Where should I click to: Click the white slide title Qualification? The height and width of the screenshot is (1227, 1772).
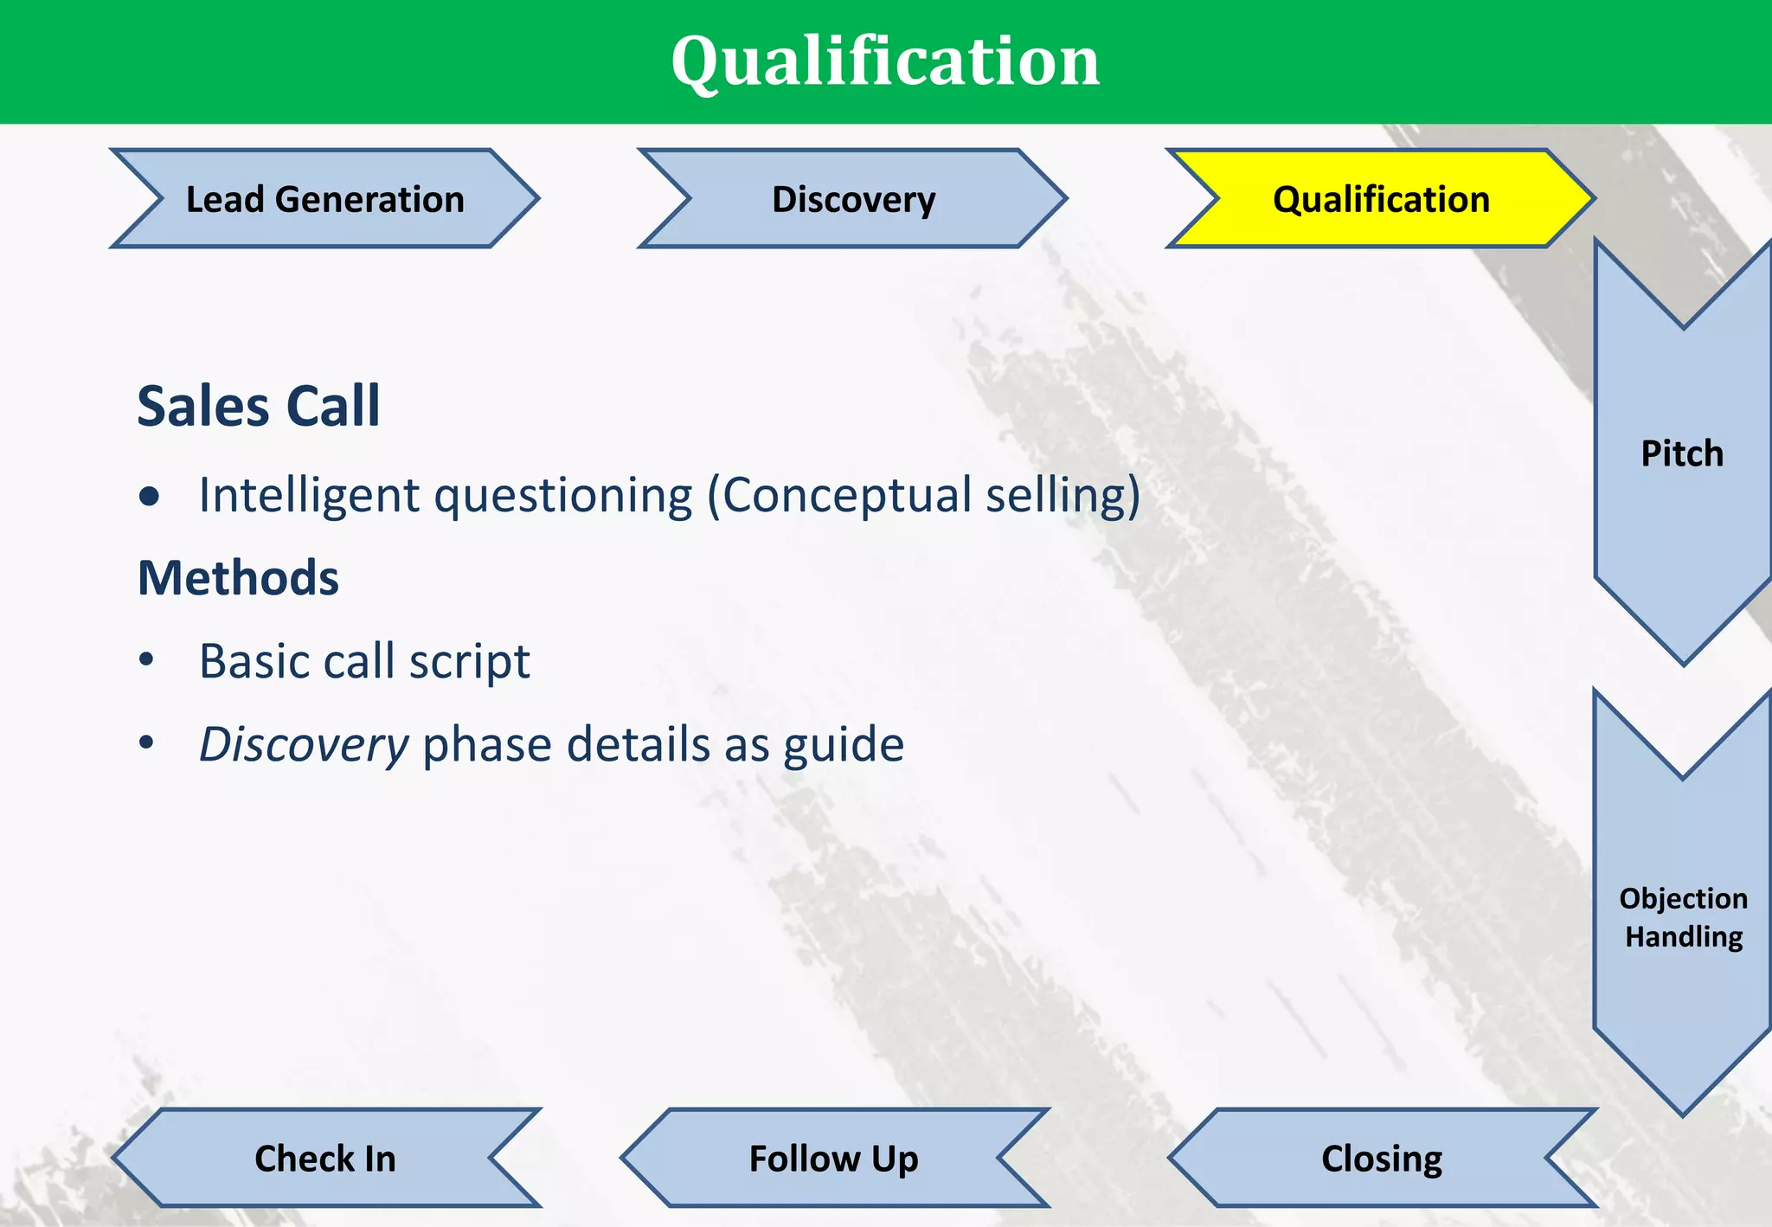pyautogui.click(x=885, y=61)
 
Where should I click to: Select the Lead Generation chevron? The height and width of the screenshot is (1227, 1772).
pyautogui.click(x=324, y=199)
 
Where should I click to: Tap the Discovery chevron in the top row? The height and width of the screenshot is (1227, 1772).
pyautogui.click(x=853, y=199)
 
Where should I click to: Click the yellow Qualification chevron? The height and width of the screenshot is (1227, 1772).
pyautogui.click(x=1381, y=199)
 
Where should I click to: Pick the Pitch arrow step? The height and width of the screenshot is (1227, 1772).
pyautogui.click(x=1682, y=453)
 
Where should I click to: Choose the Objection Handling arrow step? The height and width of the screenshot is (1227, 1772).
pyautogui.click(x=1683, y=917)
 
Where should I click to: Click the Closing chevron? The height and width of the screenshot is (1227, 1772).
pyautogui.click(x=1382, y=1158)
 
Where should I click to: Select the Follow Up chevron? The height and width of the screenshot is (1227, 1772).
pyautogui.click(x=834, y=1158)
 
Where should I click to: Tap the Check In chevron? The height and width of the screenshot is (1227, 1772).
pyautogui.click(x=325, y=1158)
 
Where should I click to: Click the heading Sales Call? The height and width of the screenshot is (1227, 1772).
pyautogui.click(x=259, y=406)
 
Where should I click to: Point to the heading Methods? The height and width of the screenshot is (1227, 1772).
pyautogui.click(x=238, y=578)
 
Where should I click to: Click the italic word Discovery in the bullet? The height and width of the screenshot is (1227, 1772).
pyautogui.click(x=304, y=745)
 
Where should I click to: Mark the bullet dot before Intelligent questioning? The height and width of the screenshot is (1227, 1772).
pyautogui.click(x=149, y=496)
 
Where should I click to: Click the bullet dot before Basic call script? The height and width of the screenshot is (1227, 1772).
pyautogui.click(x=146, y=660)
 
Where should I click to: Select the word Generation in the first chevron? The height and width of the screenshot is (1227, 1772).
pyautogui.click(x=369, y=199)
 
